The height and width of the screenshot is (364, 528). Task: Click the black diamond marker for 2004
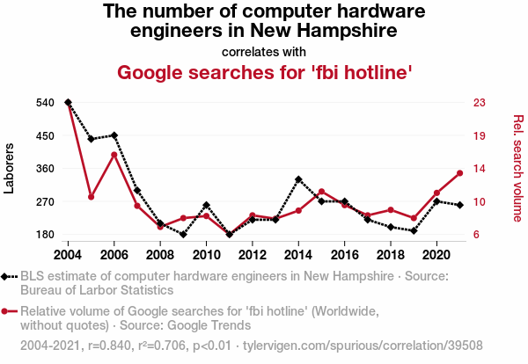click(x=68, y=103)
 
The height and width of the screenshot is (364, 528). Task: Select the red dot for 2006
click(x=114, y=155)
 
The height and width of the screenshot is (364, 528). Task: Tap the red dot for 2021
click(x=459, y=173)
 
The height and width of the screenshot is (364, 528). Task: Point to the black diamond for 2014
click(x=298, y=179)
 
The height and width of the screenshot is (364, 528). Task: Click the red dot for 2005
click(x=92, y=197)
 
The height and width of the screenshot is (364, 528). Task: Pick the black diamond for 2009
click(x=183, y=234)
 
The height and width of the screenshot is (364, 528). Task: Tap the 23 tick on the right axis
click(x=480, y=103)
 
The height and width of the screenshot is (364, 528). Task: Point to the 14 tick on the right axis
click(x=480, y=169)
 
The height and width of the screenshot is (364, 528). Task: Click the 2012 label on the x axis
click(x=253, y=255)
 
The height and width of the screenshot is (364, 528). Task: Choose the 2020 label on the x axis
click(x=436, y=255)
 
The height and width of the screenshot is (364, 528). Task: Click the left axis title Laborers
click(x=10, y=167)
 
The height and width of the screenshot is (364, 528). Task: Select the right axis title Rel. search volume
click(x=517, y=168)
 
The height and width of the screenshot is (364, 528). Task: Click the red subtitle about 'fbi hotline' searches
click(x=264, y=72)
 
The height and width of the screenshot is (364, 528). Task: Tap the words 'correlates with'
click(x=264, y=51)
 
